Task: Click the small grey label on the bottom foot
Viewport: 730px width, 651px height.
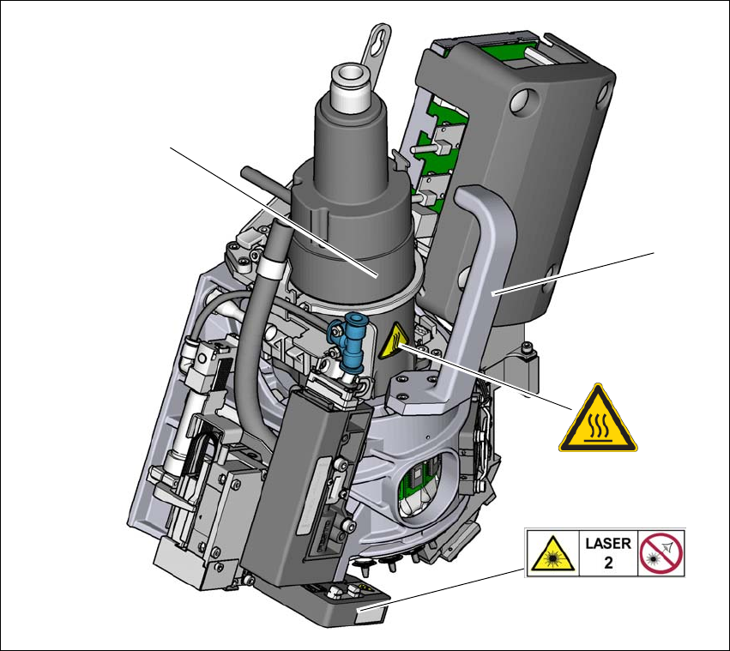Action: pos(370,612)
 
